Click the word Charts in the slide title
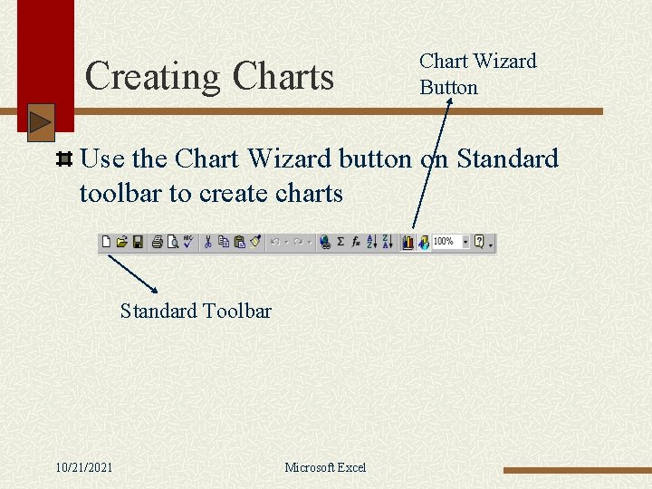coord(283,77)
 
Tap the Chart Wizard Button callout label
coord(477,73)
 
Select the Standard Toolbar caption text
coord(196,312)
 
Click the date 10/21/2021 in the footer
coord(84,467)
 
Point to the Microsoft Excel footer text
coord(325,467)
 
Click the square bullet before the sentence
coord(64,160)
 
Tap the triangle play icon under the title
coord(41,122)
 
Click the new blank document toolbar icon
coord(107,243)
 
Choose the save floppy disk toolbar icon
coord(138,243)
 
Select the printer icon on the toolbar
coord(158,243)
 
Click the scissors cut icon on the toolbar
coord(207,243)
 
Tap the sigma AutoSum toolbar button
coord(340,243)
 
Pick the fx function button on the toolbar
coord(356,243)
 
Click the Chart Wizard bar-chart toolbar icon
coord(407,243)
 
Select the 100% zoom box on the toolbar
coord(449,243)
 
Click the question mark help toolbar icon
coord(480,243)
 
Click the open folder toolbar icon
coord(121,243)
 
